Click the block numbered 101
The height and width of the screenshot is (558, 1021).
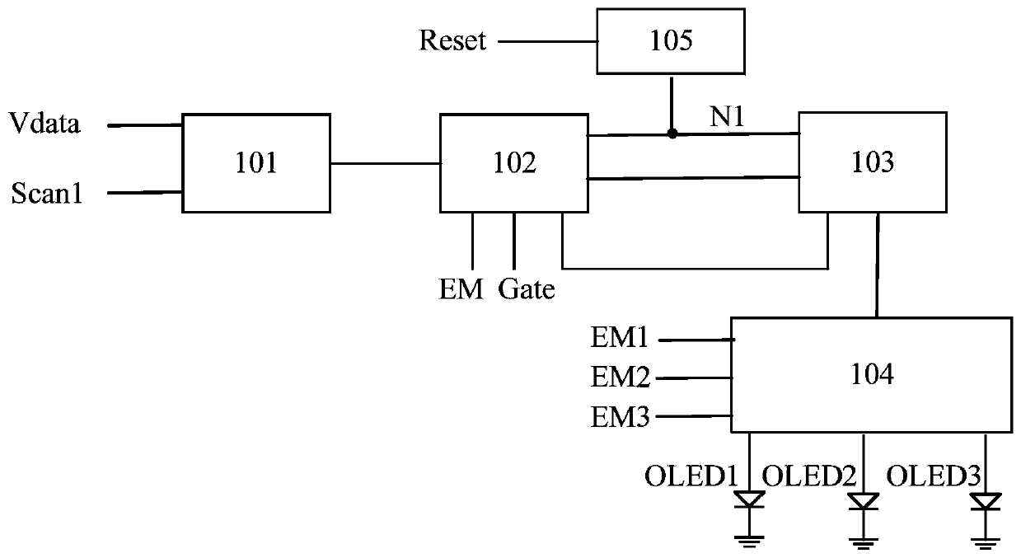pos(256,162)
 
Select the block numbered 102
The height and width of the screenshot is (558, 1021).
pos(514,162)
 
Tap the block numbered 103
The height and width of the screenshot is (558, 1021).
pos(873,162)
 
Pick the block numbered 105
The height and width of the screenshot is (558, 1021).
pos(671,41)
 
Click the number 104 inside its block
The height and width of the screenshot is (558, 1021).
pos(872,374)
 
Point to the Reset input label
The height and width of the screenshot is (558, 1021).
pos(452,40)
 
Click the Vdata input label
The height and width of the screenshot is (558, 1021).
pos(44,123)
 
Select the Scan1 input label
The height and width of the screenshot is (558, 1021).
pos(46,193)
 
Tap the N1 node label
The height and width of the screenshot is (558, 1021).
pos(727,116)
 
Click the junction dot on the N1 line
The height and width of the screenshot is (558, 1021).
pos(672,134)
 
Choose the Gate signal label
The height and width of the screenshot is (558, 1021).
pos(527,289)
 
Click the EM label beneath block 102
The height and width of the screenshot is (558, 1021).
pos(461,289)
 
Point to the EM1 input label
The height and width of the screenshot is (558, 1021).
pos(619,338)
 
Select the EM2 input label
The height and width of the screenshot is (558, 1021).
pos(620,377)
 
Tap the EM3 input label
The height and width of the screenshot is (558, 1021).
pos(620,417)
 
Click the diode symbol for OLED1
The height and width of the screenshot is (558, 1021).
pos(749,499)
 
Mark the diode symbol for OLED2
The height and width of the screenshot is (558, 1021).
pos(864,501)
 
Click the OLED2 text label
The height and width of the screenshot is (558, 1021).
pos(809,476)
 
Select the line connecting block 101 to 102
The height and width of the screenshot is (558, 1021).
pos(385,163)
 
